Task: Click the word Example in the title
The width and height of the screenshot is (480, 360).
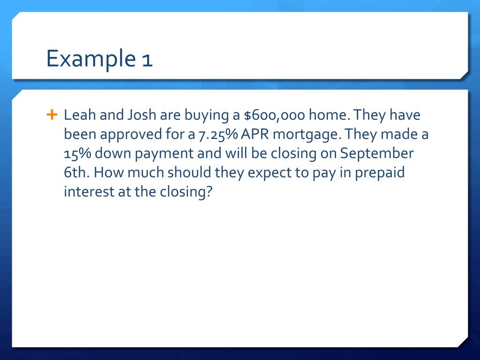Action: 89,60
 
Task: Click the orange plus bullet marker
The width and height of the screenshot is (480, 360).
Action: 52,114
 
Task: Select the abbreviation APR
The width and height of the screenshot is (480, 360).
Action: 255,135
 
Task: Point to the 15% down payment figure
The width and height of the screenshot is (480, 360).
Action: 77,154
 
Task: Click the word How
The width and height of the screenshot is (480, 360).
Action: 107,173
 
